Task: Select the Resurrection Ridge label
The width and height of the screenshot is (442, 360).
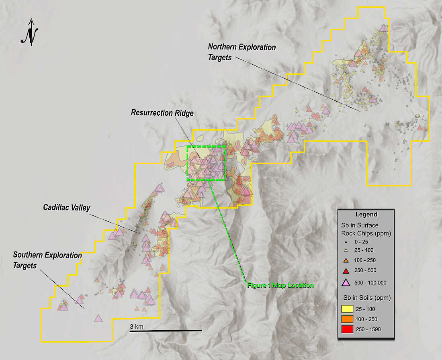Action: pos(162,113)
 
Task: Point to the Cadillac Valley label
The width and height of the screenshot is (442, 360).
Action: pos(67,208)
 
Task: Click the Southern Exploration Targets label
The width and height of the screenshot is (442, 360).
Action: pos(47,260)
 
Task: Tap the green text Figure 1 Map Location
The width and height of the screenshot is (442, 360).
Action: pos(280,285)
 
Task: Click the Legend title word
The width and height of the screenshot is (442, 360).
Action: pos(366,214)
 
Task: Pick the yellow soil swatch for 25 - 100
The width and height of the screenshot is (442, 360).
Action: pos(347,309)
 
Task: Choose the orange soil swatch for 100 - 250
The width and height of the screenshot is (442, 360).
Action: pos(347,319)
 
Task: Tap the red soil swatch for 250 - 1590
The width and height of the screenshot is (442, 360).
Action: pos(347,329)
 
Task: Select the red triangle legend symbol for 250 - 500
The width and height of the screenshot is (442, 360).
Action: pos(346,270)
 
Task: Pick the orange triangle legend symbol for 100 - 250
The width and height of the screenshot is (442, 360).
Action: pos(346,260)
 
